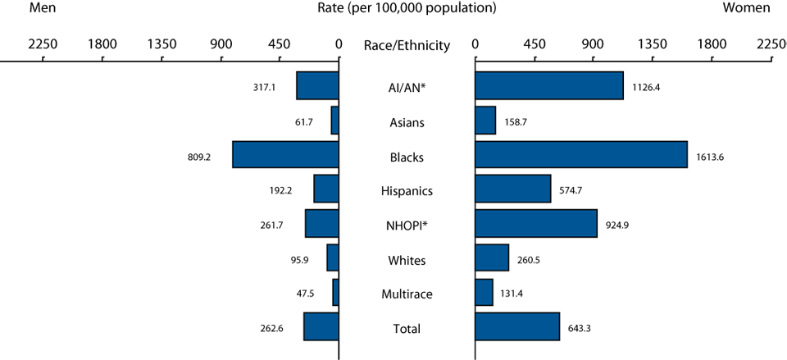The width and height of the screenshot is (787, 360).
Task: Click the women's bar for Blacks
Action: tap(580, 154)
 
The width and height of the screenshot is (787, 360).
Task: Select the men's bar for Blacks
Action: tap(285, 154)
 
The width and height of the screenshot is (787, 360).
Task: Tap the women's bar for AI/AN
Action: tap(548, 85)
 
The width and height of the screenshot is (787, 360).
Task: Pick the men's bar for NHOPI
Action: tap(321, 223)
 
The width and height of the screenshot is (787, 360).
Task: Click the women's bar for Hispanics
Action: tap(512, 189)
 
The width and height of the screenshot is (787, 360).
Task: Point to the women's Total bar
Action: tap(516, 326)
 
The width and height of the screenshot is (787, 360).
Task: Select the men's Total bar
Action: tap(321, 326)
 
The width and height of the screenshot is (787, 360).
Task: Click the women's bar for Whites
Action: tap(492, 257)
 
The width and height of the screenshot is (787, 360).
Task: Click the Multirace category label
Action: tap(407, 293)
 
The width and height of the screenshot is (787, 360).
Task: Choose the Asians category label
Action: tap(407, 123)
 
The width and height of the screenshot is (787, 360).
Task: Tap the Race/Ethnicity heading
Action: tap(407, 46)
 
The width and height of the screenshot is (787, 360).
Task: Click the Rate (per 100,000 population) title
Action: tap(407, 8)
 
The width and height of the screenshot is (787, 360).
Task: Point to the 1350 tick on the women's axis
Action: tap(652, 44)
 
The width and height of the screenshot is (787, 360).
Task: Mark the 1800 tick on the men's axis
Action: tap(101, 44)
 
